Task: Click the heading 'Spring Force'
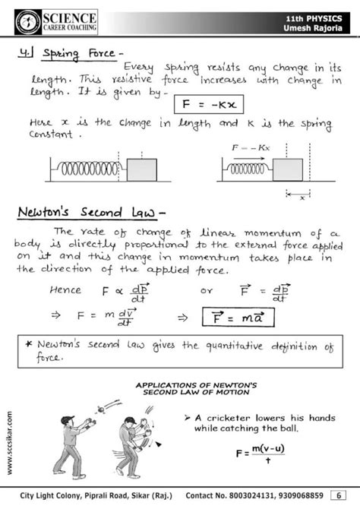tap(75, 55)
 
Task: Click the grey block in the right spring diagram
tap(310, 166)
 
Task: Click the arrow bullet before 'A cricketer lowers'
tap(187, 417)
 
